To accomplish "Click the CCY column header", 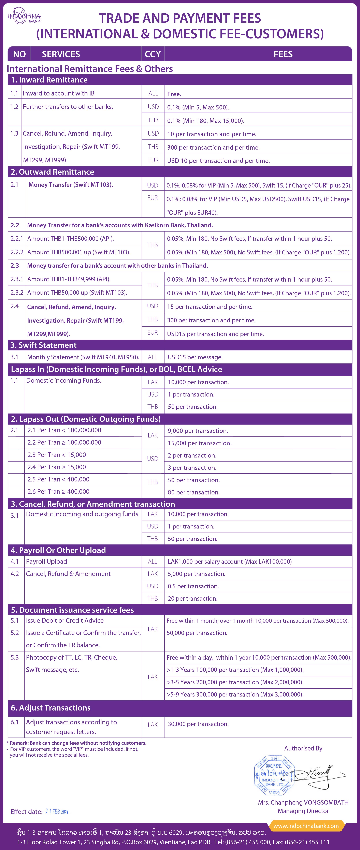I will [153, 54].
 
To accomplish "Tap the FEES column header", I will [283, 54].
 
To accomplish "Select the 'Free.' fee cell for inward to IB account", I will [174, 94].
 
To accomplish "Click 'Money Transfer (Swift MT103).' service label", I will [71, 185].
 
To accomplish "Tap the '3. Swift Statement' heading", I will [44, 345].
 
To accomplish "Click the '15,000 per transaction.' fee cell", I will [200, 443].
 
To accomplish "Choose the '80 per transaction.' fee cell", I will [194, 492].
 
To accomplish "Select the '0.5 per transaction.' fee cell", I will [193, 586].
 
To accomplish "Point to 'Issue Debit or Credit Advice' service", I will [65, 621].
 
